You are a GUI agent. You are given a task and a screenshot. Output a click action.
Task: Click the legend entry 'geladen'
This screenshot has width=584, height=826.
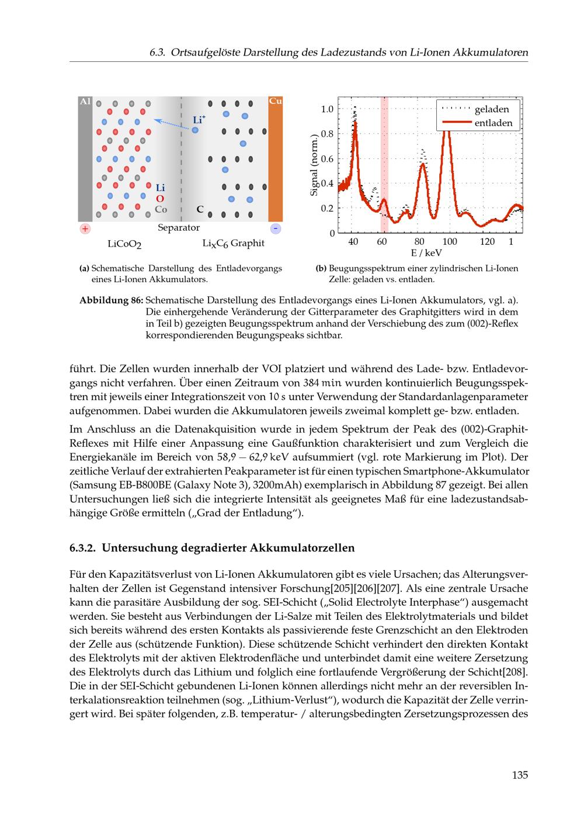click(492, 109)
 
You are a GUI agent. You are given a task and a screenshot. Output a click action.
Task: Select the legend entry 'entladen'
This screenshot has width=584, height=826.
click(493, 123)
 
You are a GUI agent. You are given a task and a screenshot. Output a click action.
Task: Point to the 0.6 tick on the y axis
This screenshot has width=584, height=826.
click(328, 159)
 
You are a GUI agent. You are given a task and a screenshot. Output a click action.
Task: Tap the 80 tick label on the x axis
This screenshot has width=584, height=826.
click(419, 242)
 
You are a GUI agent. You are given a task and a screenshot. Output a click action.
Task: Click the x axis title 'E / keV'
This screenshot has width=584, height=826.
click(426, 253)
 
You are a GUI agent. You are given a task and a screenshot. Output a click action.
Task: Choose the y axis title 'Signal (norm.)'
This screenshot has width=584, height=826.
click(315, 166)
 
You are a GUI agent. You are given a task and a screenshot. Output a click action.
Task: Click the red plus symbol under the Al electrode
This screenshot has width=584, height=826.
click(85, 228)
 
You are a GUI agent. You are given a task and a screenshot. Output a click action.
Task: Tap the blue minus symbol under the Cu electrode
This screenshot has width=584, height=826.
click(276, 228)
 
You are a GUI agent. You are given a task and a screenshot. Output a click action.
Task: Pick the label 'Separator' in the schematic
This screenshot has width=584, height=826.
click(179, 228)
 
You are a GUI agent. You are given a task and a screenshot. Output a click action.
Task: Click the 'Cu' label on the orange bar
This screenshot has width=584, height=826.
click(276, 101)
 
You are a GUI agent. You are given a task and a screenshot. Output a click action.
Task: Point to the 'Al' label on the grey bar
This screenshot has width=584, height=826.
click(85, 101)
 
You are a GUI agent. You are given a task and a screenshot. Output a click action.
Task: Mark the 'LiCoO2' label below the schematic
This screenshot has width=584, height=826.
click(124, 244)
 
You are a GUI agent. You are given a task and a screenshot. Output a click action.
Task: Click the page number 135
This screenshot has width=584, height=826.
click(520, 775)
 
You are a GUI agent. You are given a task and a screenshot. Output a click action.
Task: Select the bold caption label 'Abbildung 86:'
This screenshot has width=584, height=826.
click(111, 300)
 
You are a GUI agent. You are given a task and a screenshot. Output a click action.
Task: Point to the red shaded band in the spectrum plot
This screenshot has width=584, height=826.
click(384, 164)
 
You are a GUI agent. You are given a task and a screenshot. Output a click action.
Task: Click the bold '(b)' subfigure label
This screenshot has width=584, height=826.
click(321, 269)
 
